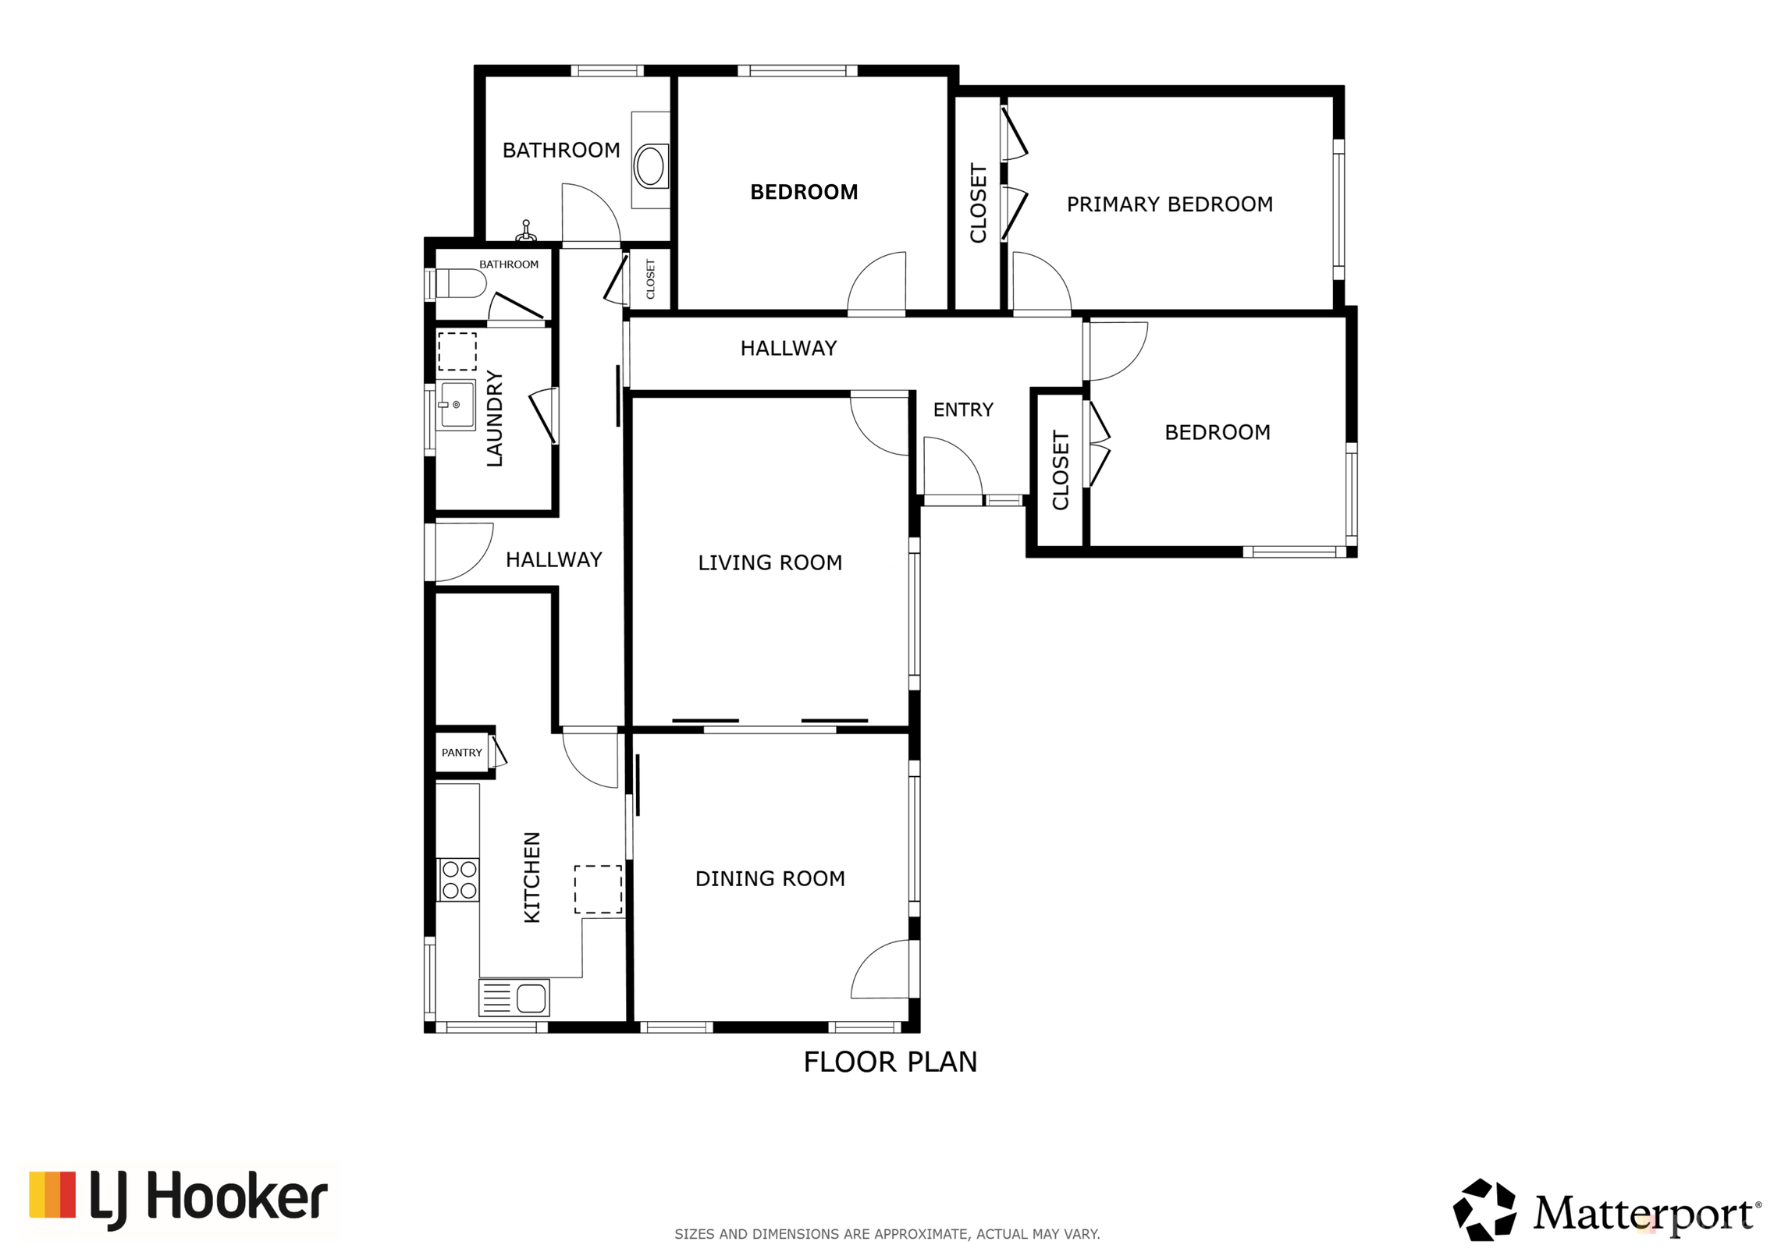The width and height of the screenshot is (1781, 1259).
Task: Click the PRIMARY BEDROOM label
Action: tap(1169, 204)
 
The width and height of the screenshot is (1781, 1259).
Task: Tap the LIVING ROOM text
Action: tap(770, 562)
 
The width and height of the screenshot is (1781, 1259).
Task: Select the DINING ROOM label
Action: tap(770, 878)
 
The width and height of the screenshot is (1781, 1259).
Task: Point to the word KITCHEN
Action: tap(531, 877)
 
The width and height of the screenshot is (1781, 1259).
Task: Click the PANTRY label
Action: tap(461, 753)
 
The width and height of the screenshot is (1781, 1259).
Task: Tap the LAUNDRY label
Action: tap(494, 418)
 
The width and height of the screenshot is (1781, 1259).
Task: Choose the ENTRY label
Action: tap(963, 410)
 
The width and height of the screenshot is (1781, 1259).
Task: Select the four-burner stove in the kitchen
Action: tap(459, 880)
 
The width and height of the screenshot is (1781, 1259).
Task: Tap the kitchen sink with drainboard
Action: tap(514, 998)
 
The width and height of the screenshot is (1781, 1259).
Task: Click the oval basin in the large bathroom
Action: tap(650, 165)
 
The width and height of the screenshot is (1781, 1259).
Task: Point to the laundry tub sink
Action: tap(457, 404)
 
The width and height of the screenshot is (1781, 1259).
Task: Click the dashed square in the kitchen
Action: tap(598, 888)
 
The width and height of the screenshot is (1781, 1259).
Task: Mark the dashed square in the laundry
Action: tap(457, 351)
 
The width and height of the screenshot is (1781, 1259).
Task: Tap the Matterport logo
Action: tap(1606, 1210)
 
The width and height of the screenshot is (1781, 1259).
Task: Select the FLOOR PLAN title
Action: tap(890, 1062)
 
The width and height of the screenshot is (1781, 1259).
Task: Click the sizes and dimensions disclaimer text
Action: tap(887, 1234)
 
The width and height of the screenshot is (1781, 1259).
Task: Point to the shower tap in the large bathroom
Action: tap(526, 231)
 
